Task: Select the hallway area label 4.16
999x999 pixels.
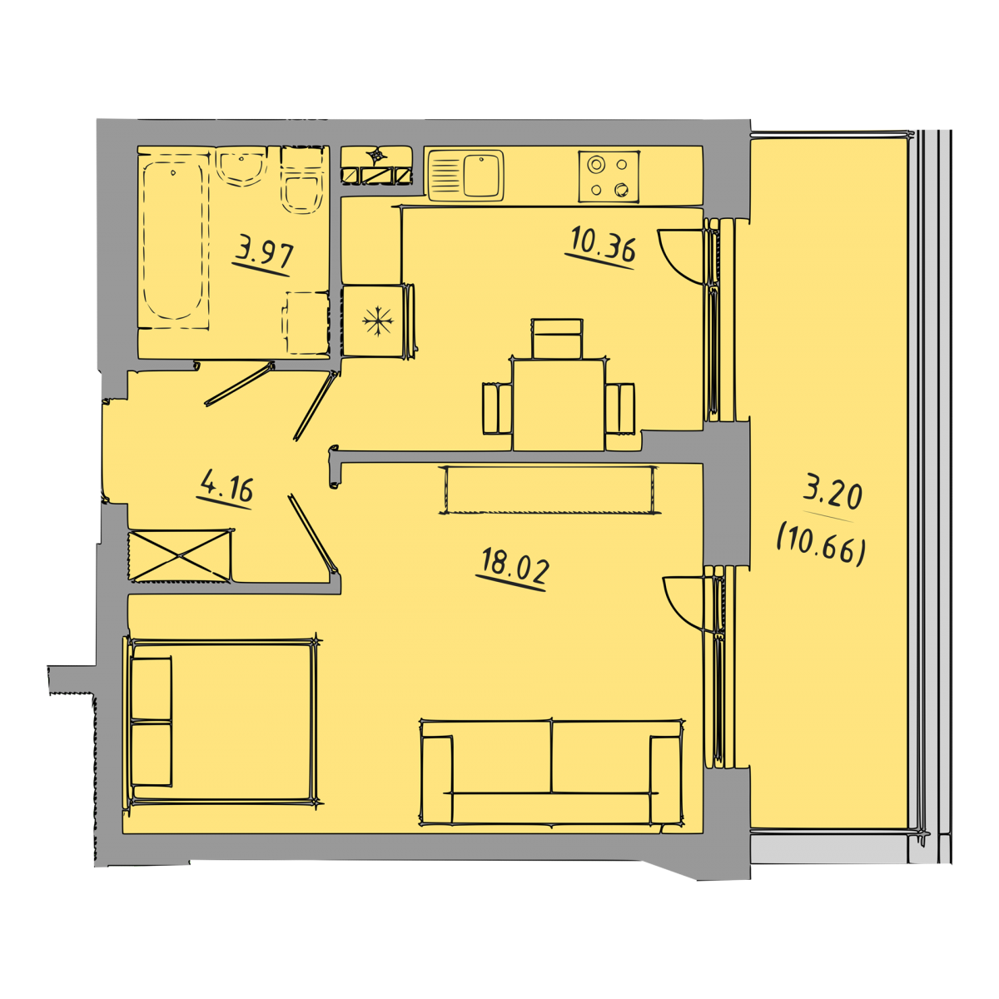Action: point(227,485)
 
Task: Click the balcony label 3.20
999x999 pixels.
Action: point(832,495)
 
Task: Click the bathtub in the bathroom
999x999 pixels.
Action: point(173,241)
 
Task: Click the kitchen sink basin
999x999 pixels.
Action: point(483,175)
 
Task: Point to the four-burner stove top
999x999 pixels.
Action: point(609,176)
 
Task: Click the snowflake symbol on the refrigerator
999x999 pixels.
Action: point(378,321)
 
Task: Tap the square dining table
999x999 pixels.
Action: point(559,405)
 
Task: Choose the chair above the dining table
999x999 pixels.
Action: point(557,339)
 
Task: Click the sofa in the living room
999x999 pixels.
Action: point(552,772)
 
